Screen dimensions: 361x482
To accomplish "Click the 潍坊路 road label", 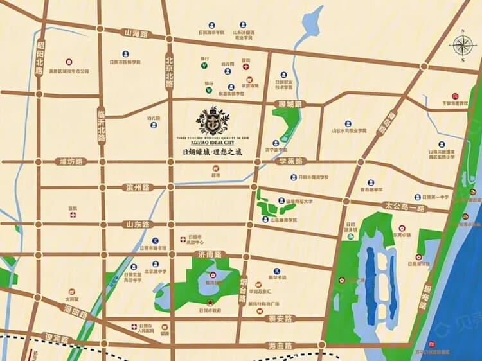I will pos(71,161).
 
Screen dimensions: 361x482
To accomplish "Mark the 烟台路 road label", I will pos(243,290).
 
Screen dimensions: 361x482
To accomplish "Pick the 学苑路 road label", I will pos(290,162).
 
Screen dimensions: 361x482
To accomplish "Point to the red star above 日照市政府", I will pos(208,303).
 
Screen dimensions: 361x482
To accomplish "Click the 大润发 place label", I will pos(71,299).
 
